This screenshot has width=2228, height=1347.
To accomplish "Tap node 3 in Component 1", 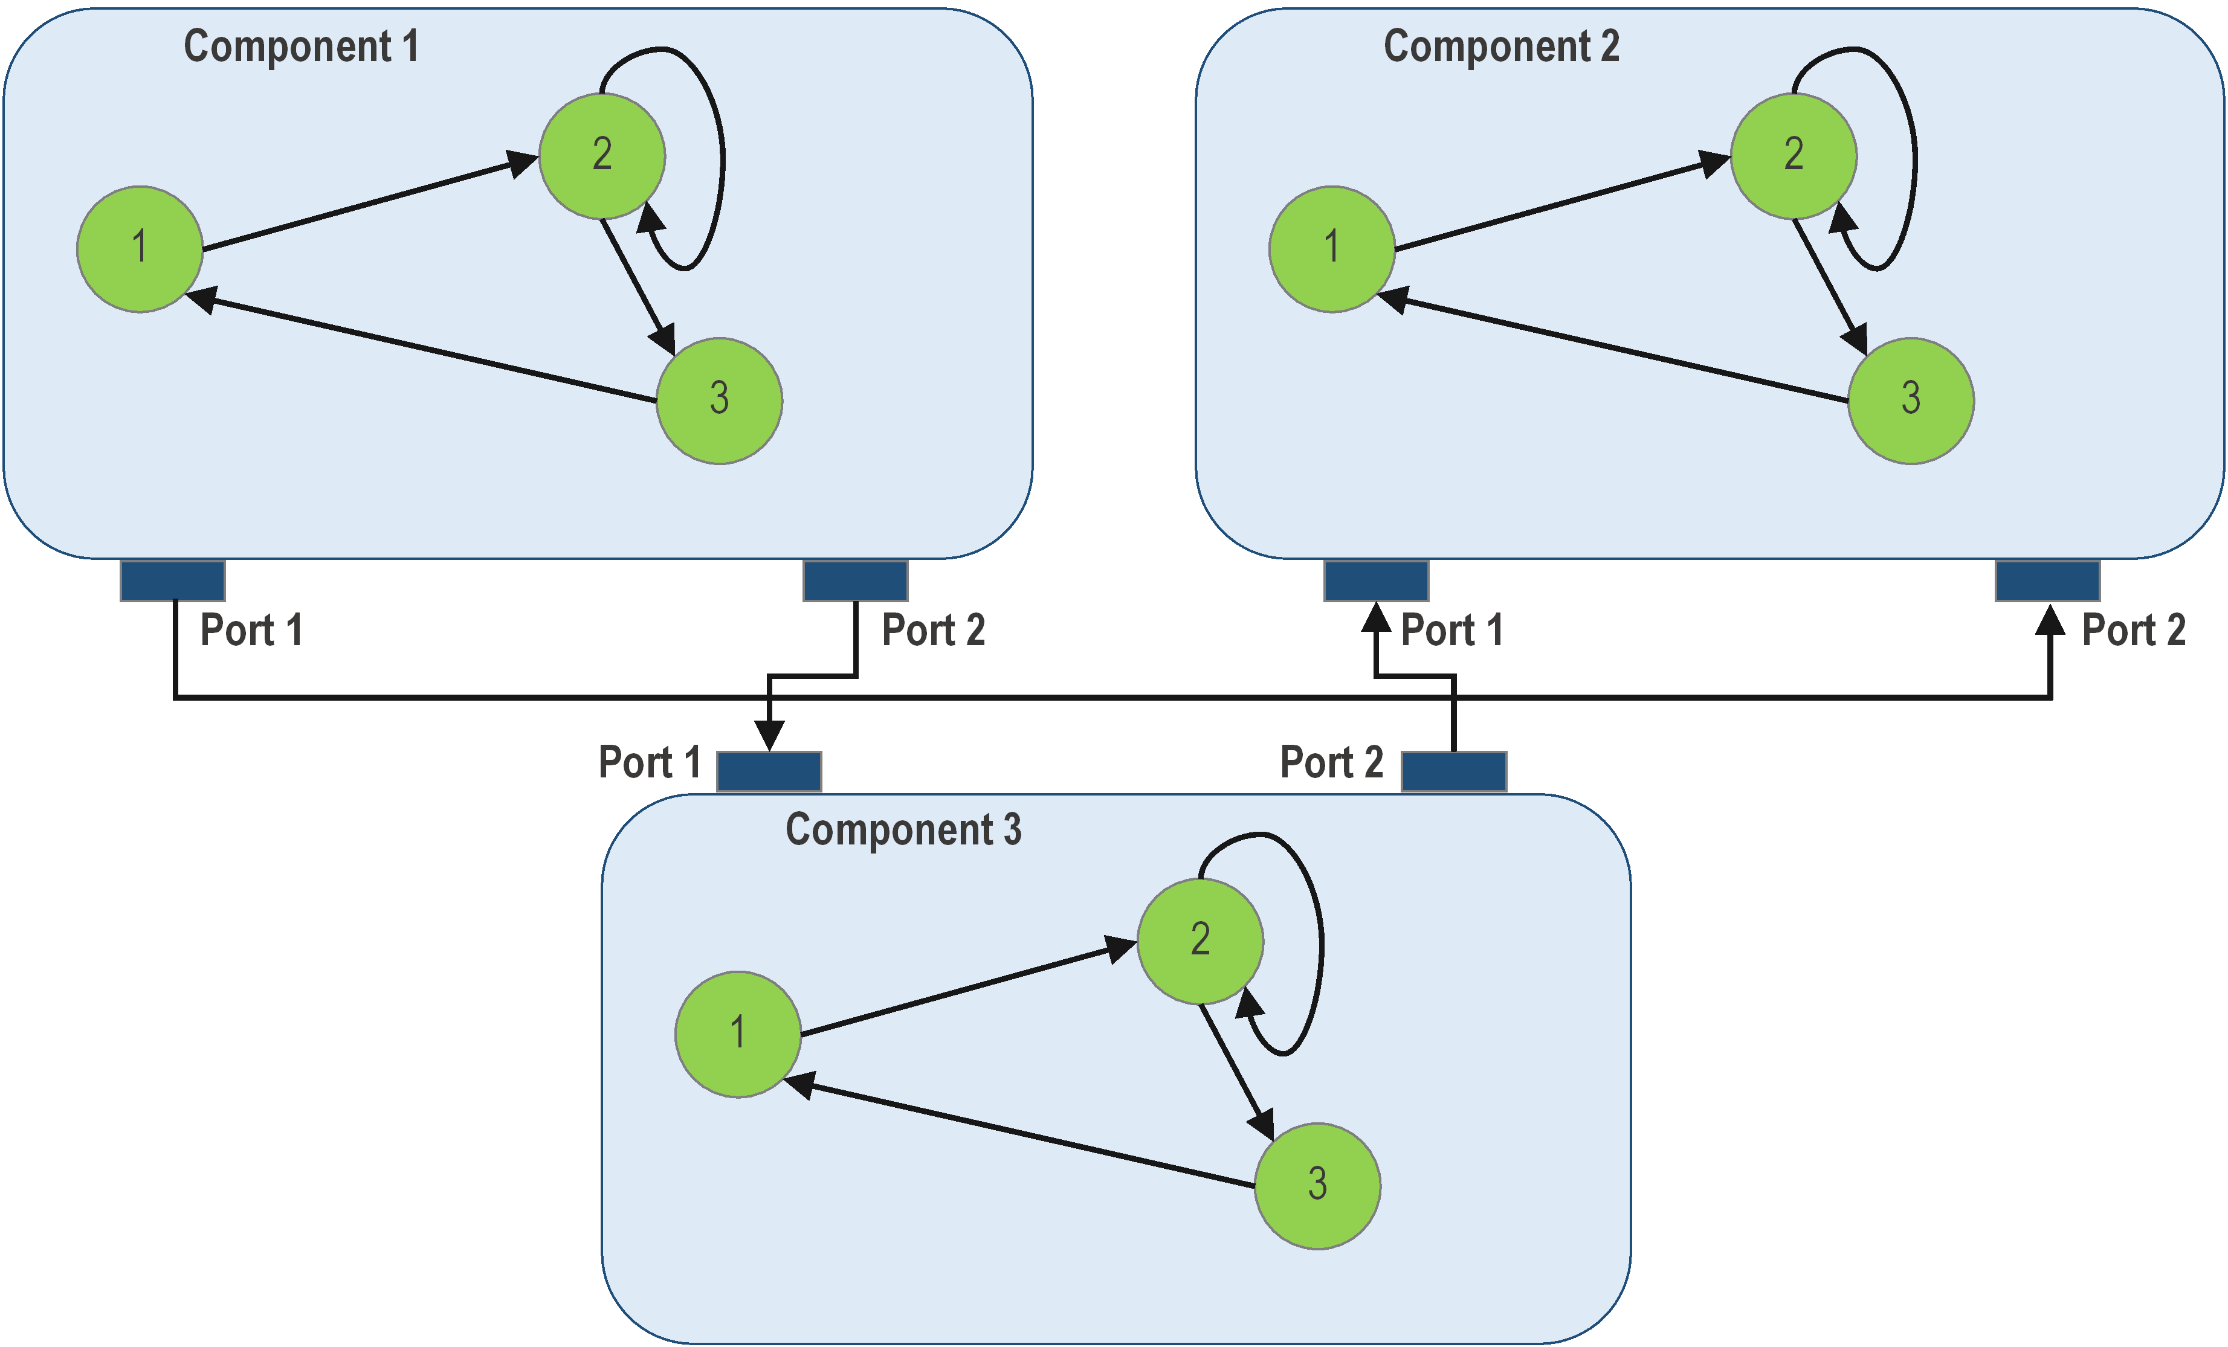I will pyautogui.click(x=719, y=400).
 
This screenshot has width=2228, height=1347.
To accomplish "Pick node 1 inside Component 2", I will pyautogui.click(x=1332, y=249).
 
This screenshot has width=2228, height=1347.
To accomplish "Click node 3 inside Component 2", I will pyautogui.click(x=1911, y=400).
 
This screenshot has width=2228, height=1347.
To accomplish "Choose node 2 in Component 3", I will pyautogui.click(x=1200, y=941).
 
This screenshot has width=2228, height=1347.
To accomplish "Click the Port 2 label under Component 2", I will pyautogui.click(x=2133, y=630).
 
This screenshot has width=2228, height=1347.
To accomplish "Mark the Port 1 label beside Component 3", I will pyautogui.click(x=649, y=762).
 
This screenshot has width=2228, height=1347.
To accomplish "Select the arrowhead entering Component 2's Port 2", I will pyautogui.click(x=2050, y=620).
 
